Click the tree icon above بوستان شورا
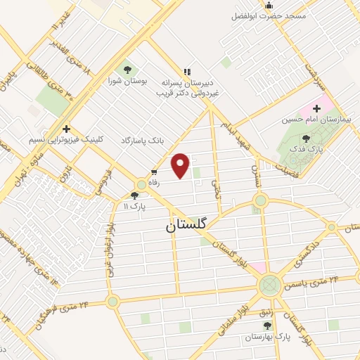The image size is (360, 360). pyautogui.click(x=128, y=70)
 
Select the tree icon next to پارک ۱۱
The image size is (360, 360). pyautogui.click(x=135, y=196)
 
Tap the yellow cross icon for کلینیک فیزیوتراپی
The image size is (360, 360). pyautogui.click(x=66, y=129)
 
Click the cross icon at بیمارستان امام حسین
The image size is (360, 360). pyautogui.click(x=317, y=108)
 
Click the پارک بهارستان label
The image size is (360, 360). pyautogui.click(x=264, y=337)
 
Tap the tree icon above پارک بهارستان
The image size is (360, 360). pyautogui.click(x=266, y=326)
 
